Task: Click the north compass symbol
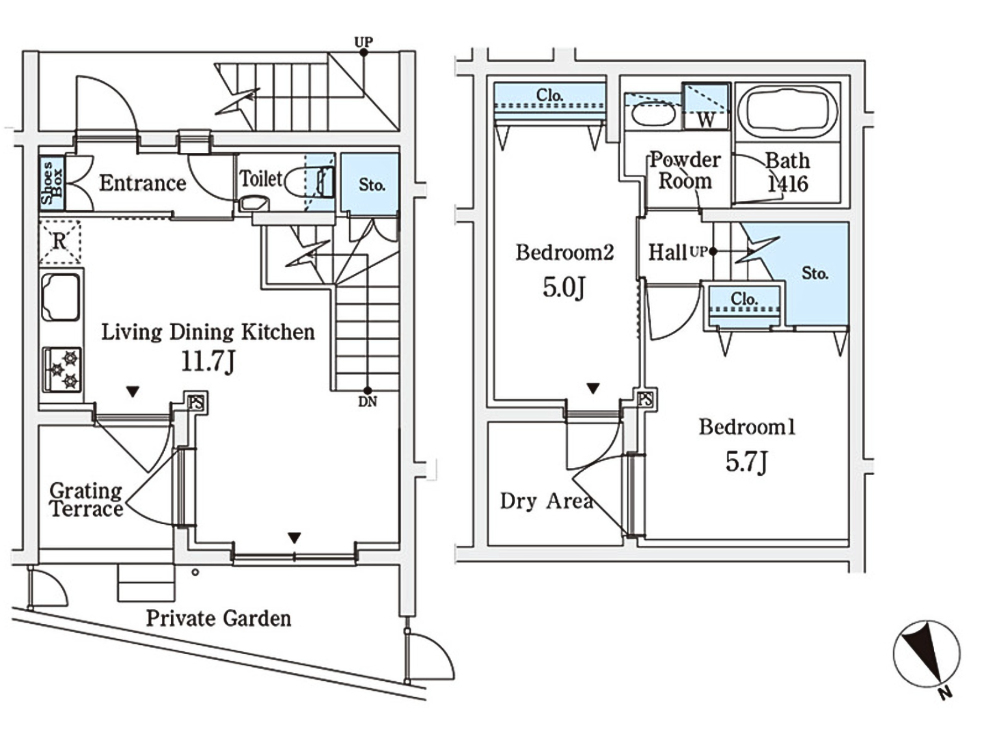(x=926, y=655)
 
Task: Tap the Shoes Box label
(x=51, y=183)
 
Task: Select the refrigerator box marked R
(x=59, y=241)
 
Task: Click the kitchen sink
(x=60, y=297)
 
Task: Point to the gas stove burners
(x=63, y=370)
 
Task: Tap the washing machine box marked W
(x=706, y=107)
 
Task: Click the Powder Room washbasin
(x=652, y=112)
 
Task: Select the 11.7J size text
(x=208, y=361)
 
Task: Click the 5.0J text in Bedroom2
(x=564, y=287)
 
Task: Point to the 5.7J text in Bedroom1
(x=746, y=462)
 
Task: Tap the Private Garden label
(x=218, y=618)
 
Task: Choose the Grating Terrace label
(x=86, y=500)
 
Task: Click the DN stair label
(x=368, y=402)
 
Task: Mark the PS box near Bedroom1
(x=644, y=399)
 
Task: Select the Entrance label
(x=142, y=183)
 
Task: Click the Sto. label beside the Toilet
(x=372, y=184)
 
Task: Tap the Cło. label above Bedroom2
(x=549, y=96)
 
